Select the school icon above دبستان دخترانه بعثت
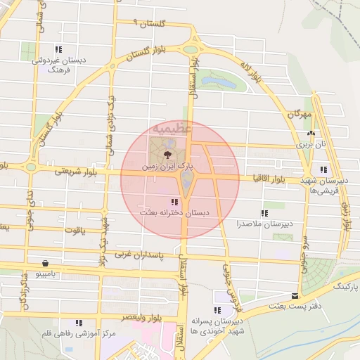pyautogui.click(x=174, y=202)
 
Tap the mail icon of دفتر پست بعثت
pyautogui.click(x=295, y=296)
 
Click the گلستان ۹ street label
pyautogui.click(x=146, y=23)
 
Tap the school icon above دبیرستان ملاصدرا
pyautogui.click(x=264, y=213)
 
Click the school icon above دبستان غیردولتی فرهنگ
pyautogui.click(x=58, y=49)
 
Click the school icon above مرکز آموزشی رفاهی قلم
pyautogui.click(x=79, y=323)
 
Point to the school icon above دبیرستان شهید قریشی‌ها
pyautogui.click(x=323, y=169)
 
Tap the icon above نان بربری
pyautogui.click(x=309, y=133)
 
